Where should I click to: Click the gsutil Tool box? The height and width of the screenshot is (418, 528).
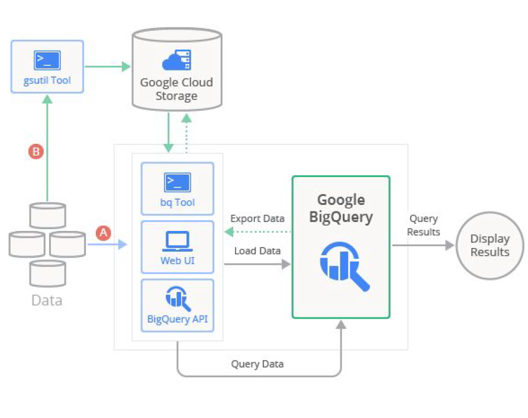point(47,66)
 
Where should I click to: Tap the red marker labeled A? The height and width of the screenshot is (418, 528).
point(104,233)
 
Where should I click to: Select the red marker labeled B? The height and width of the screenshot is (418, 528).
point(36,152)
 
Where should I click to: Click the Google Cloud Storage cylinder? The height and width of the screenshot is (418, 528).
point(176,71)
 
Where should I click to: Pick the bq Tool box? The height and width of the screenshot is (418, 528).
point(177,188)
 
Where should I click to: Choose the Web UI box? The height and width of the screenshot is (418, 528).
point(177,247)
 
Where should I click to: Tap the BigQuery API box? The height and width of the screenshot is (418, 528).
point(177,305)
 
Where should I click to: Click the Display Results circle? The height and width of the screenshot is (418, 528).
point(490,245)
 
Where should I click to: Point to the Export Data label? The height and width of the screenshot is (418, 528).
point(257,218)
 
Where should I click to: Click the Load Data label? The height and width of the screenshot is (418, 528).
point(257,250)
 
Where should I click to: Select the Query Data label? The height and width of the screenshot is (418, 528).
point(257,364)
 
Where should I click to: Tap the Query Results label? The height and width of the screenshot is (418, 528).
point(423,225)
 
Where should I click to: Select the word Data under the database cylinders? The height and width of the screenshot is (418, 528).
point(47,300)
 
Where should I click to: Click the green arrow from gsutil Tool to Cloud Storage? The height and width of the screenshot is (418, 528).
point(108,66)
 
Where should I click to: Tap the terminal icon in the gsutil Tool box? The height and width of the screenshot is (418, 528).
point(47,59)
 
